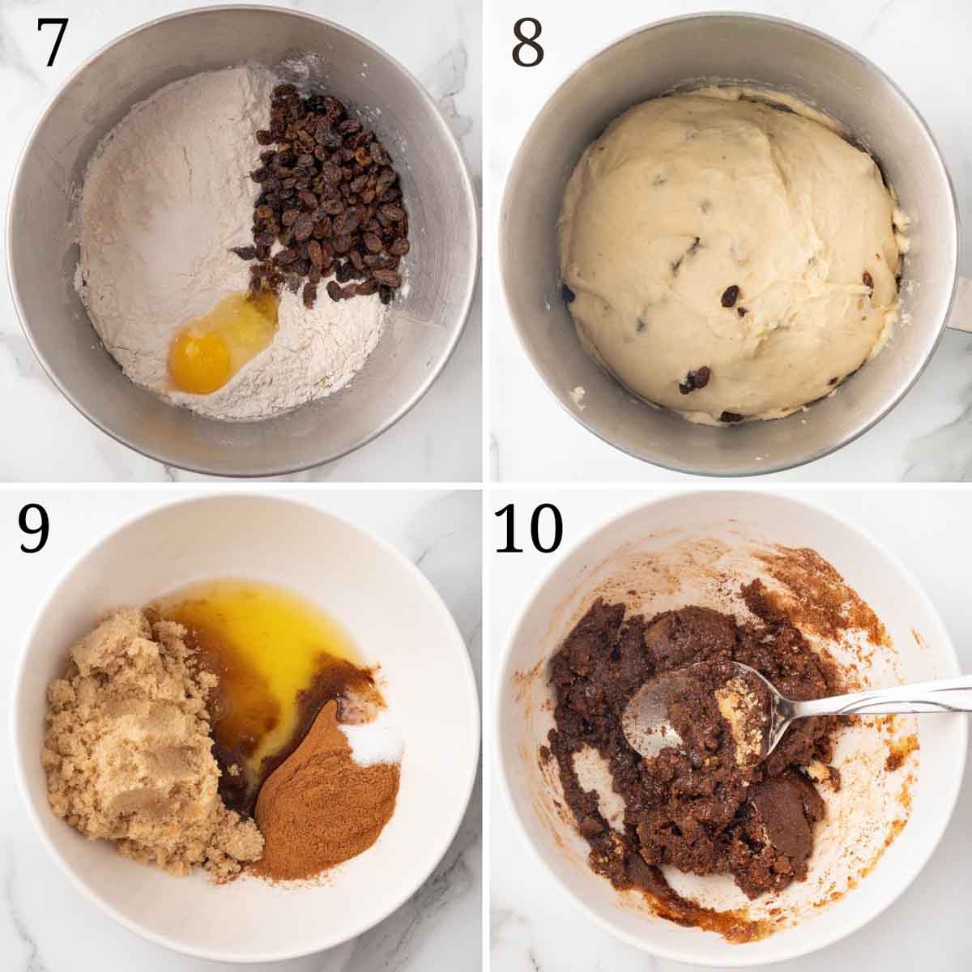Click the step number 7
53,44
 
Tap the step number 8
527,44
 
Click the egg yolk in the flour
199,361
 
